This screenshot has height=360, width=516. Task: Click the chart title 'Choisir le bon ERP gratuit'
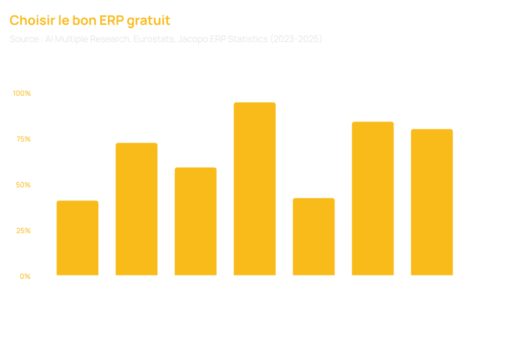tap(90, 21)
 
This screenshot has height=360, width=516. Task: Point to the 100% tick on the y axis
tap(22, 93)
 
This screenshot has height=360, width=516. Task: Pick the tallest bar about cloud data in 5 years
tap(254, 189)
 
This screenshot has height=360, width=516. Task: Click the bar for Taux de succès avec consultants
tap(372, 198)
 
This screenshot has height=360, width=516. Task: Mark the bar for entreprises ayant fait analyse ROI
tap(431, 202)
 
